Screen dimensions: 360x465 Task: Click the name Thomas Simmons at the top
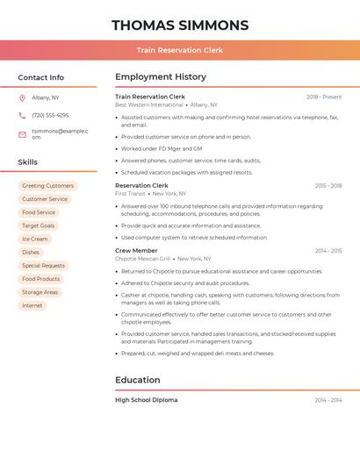tap(180, 25)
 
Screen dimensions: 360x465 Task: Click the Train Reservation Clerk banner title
tap(180, 50)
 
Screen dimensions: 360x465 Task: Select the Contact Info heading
tap(41, 77)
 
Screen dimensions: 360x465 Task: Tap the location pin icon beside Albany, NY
tap(22, 97)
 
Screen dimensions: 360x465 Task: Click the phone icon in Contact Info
tap(22, 115)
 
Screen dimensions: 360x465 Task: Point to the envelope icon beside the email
tap(22, 133)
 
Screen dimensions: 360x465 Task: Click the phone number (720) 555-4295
tap(50, 115)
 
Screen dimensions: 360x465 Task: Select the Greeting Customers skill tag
tap(47, 186)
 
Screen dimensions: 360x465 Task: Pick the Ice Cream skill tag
tap(35, 239)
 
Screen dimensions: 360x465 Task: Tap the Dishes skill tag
tap(31, 252)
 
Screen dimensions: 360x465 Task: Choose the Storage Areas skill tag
tap(40, 292)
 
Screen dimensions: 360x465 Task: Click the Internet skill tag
tap(32, 305)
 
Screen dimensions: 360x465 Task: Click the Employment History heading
tap(161, 77)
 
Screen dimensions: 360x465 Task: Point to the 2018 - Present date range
tap(324, 97)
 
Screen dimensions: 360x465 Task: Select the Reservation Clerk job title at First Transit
tap(141, 186)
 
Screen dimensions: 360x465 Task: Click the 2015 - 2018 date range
tap(328, 186)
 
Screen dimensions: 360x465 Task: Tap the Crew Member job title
tap(136, 251)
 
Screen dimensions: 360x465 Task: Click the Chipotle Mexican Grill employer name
tap(143, 259)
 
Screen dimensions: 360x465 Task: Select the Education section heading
tap(138, 380)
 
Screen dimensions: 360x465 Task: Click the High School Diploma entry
tap(146, 400)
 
